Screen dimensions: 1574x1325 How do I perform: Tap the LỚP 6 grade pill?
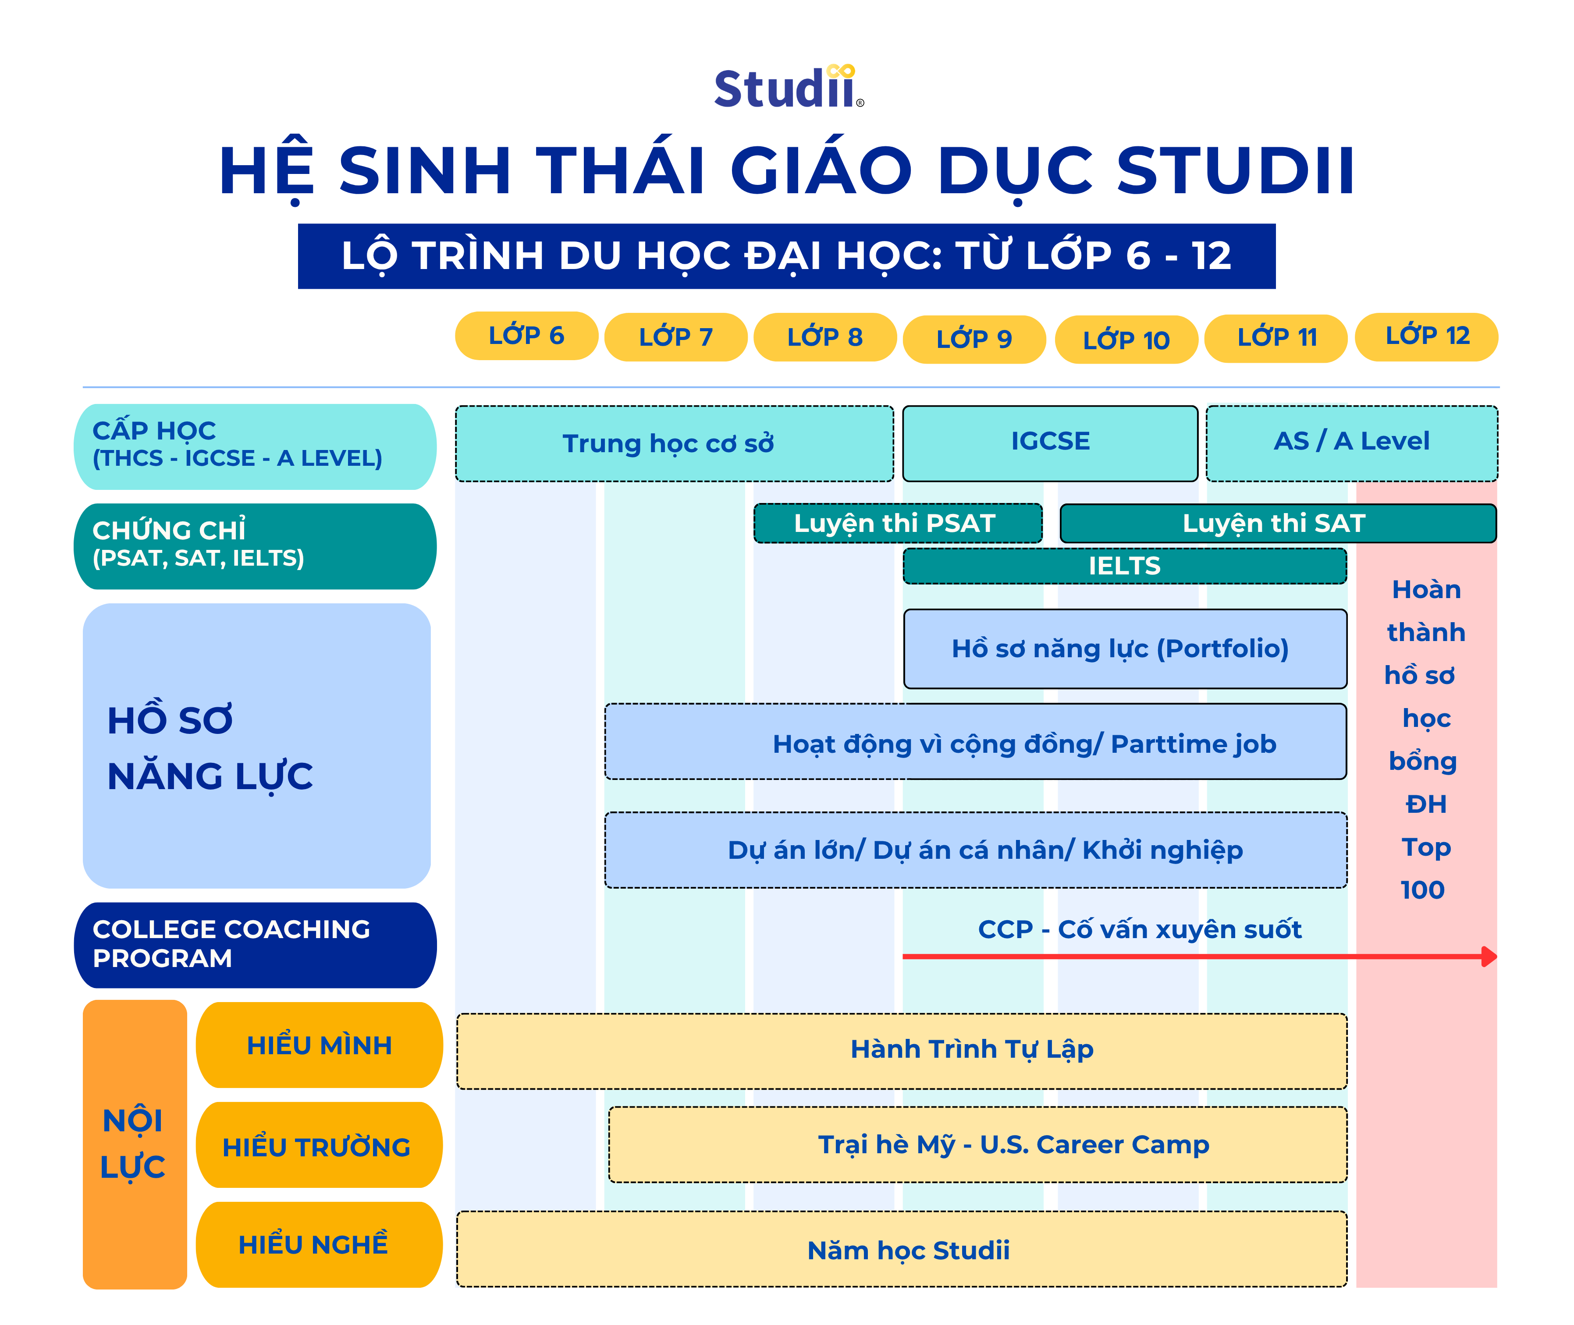tap(526, 336)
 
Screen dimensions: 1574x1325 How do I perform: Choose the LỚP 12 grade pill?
tap(1426, 337)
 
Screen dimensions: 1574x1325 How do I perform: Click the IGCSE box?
tap(1050, 443)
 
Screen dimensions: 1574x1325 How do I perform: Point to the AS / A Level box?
tap(1352, 443)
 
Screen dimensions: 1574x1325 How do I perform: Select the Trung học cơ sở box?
tap(674, 443)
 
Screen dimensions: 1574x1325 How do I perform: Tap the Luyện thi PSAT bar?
tap(898, 523)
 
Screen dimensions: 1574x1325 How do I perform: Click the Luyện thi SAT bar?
tap(1278, 523)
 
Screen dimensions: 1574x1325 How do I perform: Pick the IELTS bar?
tap(1125, 566)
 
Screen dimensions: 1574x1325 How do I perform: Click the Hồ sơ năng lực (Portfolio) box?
tap(1125, 648)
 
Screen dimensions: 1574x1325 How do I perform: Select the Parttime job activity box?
tap(975, 741)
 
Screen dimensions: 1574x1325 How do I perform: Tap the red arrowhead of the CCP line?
tap(1489, 956)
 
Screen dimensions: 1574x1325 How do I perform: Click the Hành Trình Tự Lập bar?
tap(902, 1051)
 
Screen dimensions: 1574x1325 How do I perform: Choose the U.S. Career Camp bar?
tap(977, 1144)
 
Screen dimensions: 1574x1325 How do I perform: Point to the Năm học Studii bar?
tap(902, 1249)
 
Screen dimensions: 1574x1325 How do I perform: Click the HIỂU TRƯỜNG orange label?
tap(319, 1145)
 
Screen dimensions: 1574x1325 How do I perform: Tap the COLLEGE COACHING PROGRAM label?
tap(255, 945)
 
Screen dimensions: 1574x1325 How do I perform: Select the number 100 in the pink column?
tap(1422, 890)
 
